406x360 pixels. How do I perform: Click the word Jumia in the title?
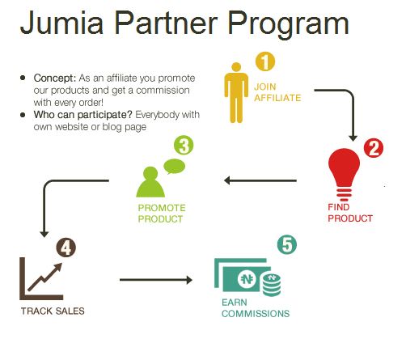coord(61,23)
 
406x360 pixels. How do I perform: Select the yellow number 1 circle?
coord(265,61)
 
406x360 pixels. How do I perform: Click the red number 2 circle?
coord(374,148)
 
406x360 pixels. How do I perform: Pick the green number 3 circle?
coord(184,146)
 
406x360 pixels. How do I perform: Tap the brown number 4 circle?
coord(66,248)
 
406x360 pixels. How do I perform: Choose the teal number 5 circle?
coord(287,244)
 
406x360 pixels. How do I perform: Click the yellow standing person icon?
coord(236,92)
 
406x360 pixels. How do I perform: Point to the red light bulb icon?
coord(344,175)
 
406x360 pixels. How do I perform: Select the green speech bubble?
coord(175,166)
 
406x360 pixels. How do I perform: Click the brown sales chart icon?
coord(41,278)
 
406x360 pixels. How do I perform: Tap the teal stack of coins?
coord(272,285)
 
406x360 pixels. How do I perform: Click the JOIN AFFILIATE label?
coord(277,92)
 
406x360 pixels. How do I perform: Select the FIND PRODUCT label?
coord(350,213)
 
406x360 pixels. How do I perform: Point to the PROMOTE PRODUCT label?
coord(162,214)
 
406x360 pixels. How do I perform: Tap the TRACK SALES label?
coord(53,311)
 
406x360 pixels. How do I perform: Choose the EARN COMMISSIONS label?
coord(256,308)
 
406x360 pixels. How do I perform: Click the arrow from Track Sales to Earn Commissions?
coord(156,280)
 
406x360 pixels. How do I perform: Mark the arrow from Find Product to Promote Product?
coord(260,180)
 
